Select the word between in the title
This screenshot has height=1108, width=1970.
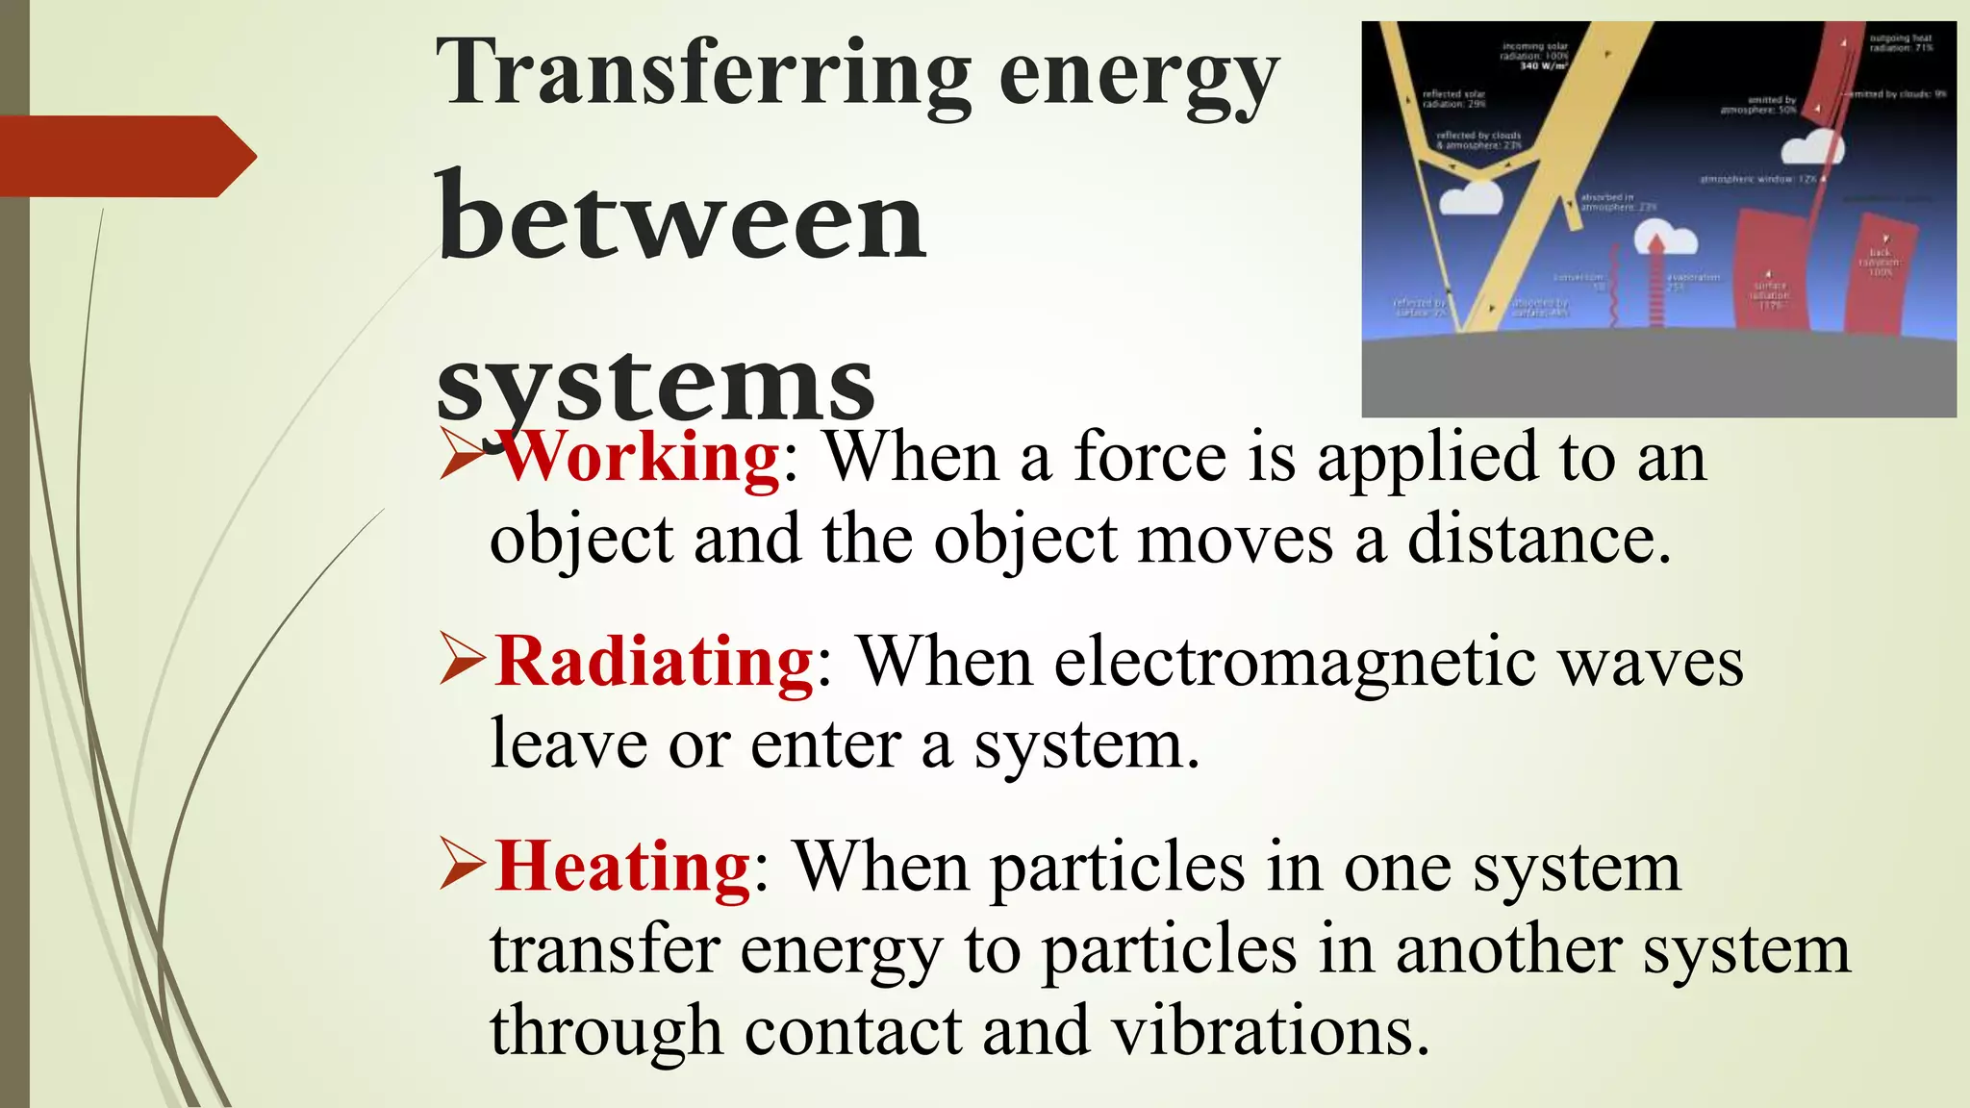click(x=681, y=220)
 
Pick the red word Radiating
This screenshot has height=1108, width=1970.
click(x=655, y=662)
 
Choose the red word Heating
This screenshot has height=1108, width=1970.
click(x=622, y=867)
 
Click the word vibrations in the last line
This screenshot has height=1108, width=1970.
click(x=1270, y=1032)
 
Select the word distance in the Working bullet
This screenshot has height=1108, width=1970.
click(x=1539, y=540)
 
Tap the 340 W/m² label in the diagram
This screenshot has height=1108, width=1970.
click(x=1543, y=66)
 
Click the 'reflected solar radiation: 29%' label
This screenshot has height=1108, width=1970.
click(x=1454, y=99)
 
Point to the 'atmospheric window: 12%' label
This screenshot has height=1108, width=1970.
click(x=1758, y=180)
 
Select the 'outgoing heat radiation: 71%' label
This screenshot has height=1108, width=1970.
click(x=1901, y=42)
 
